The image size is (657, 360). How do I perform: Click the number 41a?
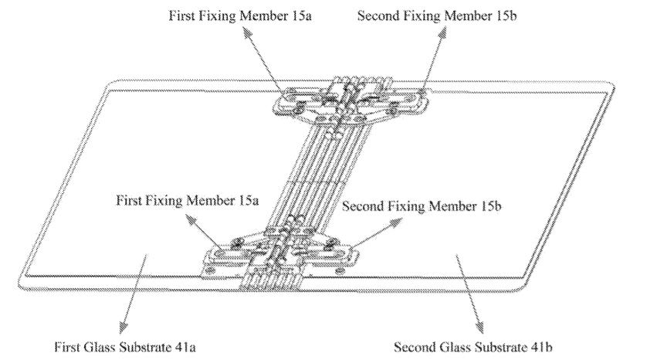tap(185, 345)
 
